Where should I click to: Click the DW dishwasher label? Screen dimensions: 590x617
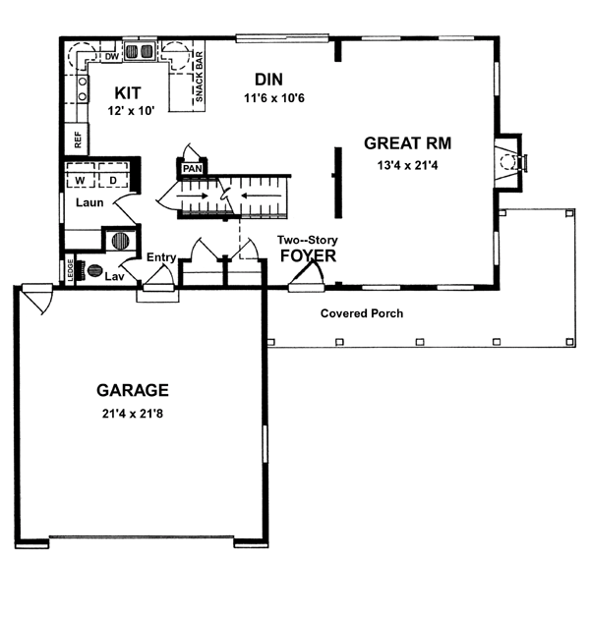click(112, 57)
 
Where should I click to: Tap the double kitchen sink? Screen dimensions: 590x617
click(140, 51)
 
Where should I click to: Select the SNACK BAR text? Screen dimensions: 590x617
click(199, 77)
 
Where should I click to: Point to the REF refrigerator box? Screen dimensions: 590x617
click(77, 140)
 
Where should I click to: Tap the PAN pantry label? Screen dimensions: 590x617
click(193, 168)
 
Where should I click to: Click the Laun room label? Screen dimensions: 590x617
click(89, 202)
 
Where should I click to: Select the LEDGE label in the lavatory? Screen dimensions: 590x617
click(71, 270)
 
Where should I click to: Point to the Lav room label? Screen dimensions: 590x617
click(115, 276)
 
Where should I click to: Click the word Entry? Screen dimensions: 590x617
click(161, 257)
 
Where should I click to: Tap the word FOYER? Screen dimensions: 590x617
click(308, 255)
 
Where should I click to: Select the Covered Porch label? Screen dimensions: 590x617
click(362, 313)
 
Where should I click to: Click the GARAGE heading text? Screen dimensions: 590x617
click(133, 390)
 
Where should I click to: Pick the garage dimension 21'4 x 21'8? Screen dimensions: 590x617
click(133, 414)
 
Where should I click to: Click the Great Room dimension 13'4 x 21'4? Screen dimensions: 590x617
click(407, 165)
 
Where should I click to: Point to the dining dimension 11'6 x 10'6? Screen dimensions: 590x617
click(274, 98)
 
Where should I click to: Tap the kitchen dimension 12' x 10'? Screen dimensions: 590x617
click(131, 111)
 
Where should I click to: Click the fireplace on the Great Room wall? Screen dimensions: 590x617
click(511, 162)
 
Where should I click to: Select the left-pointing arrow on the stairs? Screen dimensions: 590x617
click(262, 196)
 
